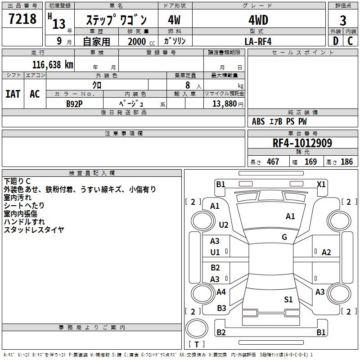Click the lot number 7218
click(x=22, y=19)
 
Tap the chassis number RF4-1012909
click(x=302, y=143)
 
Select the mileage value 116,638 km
click(x=53, y=64)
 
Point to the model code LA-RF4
click(x=258, y=41)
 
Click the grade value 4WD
click(x=258, y=20)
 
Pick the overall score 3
click(x=343, y=20)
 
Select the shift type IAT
click(x=13, y=94)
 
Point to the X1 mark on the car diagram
click(x=321, y=184)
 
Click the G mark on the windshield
click(x=284, y=237)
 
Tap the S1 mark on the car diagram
click(x=288, y=299)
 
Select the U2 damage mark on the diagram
click(x=224, y=225)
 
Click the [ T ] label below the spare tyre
click(x=197, y=344)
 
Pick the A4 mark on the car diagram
click(x=221, y=292)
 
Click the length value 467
click(x=273, y=162)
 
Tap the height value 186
click(x=346, y=162)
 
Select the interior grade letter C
click(x=350, y=41)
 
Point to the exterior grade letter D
click(x=335, y=41)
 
